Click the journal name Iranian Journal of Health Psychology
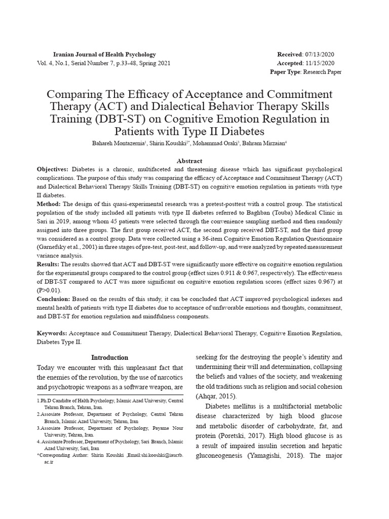105,55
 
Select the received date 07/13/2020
319,55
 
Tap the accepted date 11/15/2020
320,63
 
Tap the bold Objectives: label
53,169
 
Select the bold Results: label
49,265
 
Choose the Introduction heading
109,357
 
